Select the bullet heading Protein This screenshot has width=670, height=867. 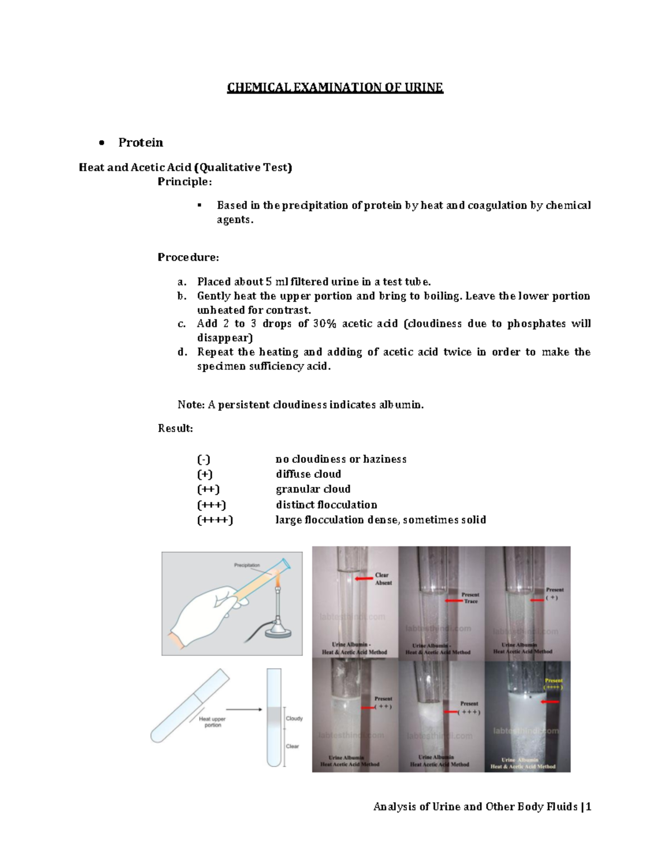tap(140, 143)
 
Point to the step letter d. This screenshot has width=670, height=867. tap(182, 352)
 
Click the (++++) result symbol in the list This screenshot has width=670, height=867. tap(214, 520)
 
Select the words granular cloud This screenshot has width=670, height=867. tap(313, 490)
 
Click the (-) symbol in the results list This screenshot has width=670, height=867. tap(203, 459)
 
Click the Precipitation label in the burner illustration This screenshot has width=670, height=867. tap(247, 565)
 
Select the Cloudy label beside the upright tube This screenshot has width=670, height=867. tap(294, 718)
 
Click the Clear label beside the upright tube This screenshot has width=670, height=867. tap(293, 746)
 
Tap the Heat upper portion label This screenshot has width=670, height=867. tap(212, 722)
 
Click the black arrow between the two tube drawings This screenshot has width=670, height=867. tap(244, 710)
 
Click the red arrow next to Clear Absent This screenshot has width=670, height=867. tap(364, 579)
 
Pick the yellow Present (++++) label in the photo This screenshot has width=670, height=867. tap(553, 684)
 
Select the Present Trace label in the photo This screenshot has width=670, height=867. tap(470, 598)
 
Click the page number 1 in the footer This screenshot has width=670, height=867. tap(588, 807)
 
